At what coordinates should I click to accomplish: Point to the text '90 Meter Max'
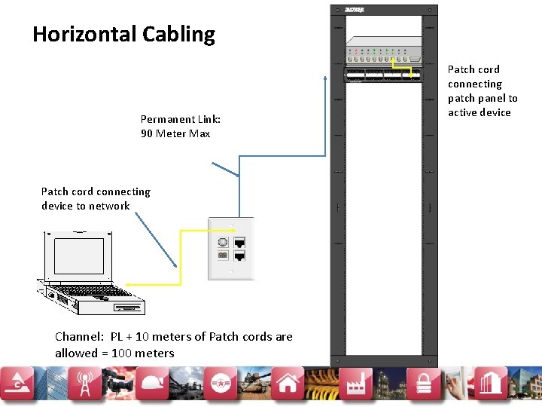click(175, 133)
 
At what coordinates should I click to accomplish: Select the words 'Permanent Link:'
click(181, 119)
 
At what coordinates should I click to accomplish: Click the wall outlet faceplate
click(231, 249)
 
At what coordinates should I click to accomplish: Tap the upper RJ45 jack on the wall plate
click(240, 243)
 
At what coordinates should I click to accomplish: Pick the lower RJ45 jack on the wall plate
click(240, 256)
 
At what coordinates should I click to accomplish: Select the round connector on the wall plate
click(223, 243)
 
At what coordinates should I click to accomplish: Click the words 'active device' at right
click(479, 112)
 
